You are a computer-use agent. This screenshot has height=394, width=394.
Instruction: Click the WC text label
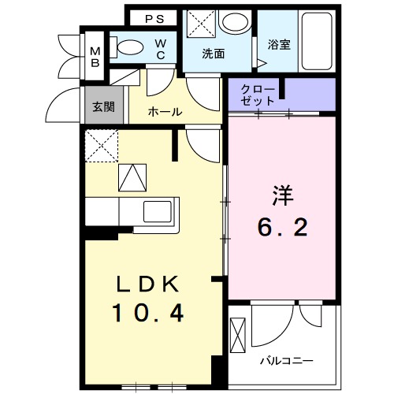coord(161,49)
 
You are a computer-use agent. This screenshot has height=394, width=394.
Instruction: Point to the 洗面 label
coord(213,55)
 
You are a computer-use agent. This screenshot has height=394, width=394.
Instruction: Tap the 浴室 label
coord(278,44)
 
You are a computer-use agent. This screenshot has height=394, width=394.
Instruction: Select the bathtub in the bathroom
coord(319,40)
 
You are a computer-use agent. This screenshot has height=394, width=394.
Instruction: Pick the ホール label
coord(165,113)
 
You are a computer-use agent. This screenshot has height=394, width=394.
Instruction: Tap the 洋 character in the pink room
coord(284,192)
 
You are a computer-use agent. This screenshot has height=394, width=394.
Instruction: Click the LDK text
coord(148,283)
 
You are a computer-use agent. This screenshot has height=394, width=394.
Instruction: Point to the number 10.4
coord(148,314)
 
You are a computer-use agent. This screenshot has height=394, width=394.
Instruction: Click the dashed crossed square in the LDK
coord(102,145)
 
